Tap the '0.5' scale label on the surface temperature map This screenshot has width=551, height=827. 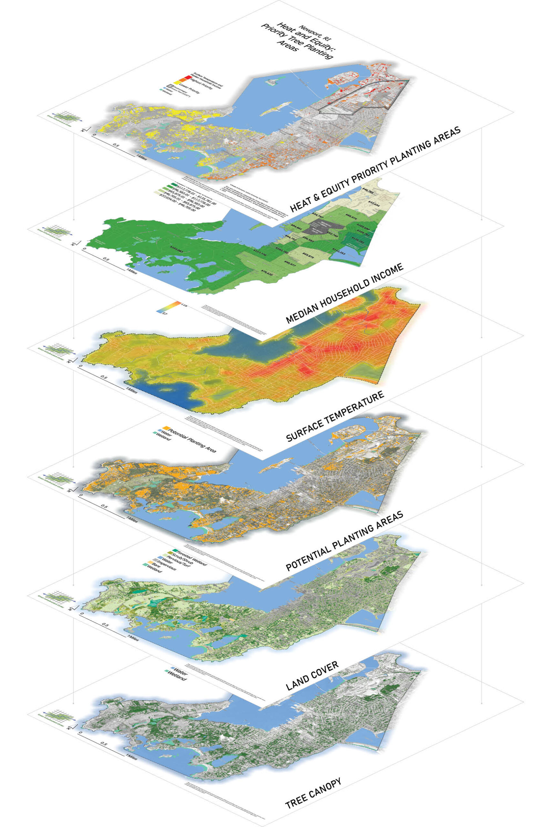pos(104,377)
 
